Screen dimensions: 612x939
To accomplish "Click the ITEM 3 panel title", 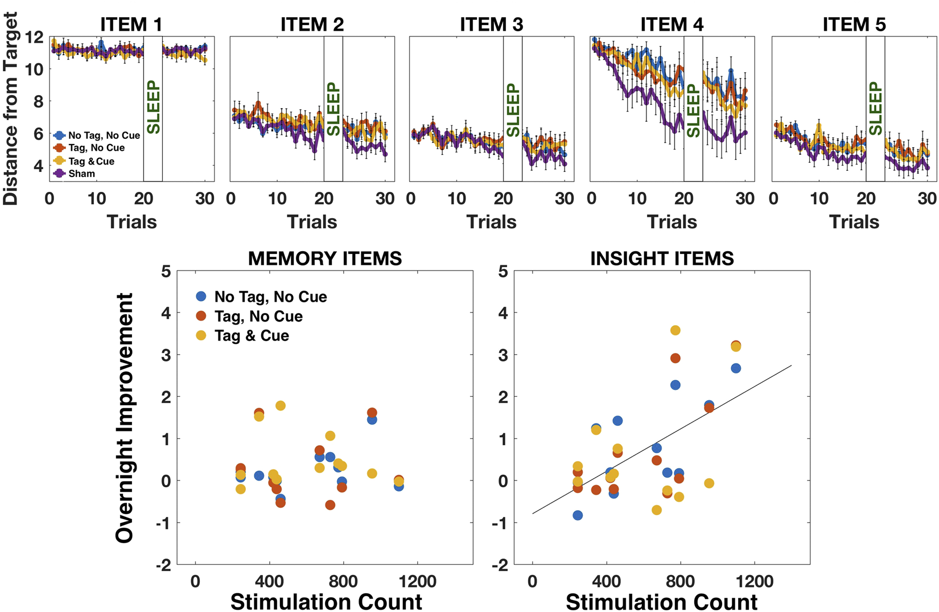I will (491, 24).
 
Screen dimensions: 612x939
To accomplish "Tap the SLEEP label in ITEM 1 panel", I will (153, 108).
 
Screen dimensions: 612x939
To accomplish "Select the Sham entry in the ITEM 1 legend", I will (81, 174).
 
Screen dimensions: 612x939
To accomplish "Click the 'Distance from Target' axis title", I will (11, 108).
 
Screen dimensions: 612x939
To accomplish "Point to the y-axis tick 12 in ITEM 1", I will (35, 38).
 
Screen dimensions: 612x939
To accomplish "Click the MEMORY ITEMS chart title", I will (325, 258).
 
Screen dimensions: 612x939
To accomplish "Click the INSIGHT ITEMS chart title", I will (661, 258).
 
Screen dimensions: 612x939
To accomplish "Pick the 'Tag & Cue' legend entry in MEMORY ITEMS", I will (252, 336).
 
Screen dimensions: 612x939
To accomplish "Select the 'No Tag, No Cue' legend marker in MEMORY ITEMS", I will (201, 297).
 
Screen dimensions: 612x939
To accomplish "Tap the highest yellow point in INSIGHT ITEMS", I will (675, 330).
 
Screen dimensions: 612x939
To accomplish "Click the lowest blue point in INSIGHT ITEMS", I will (578, 515).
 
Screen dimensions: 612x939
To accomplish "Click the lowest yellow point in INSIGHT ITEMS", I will (657, 510).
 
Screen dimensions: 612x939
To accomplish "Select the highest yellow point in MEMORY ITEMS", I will (280, 406).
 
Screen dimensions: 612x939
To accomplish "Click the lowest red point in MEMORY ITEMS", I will (330, 505).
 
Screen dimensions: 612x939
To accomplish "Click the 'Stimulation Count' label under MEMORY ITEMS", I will (326, 602).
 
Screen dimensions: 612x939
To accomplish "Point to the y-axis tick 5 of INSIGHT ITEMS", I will (503, 272).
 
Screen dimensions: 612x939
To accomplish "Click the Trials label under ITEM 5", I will (854, 221).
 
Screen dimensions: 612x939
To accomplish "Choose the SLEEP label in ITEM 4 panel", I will (693, 111).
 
